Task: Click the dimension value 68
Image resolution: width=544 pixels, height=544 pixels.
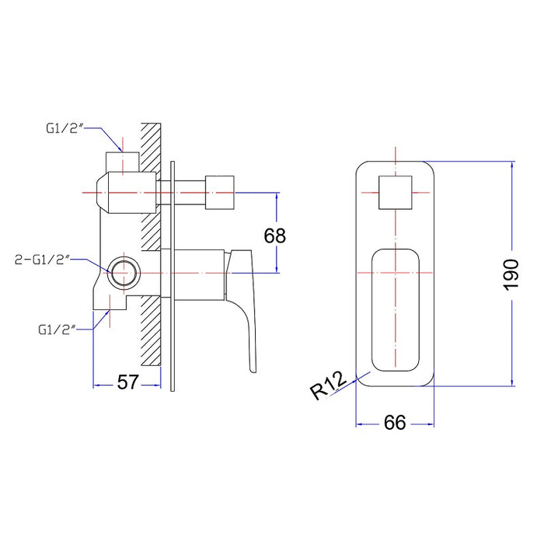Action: [x=275, y=236]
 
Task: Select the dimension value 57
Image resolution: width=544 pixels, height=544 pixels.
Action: [x=128, y=382]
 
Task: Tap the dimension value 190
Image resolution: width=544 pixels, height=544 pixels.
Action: [x=511, y=274]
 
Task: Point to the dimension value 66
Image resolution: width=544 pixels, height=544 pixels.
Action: [x=395, y=423]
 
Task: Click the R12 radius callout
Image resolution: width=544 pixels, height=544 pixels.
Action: [x=328, y=385]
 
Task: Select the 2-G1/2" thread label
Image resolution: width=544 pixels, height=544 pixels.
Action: [x=43, y=260]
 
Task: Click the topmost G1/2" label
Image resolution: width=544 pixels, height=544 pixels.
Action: [x=65, y=128]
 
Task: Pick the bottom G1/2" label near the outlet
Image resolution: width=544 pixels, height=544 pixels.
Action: [x=57, y=330]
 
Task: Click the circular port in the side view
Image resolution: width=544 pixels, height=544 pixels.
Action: [x=124, y=273]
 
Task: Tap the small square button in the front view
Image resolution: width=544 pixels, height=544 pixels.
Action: [x=396, y=193]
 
